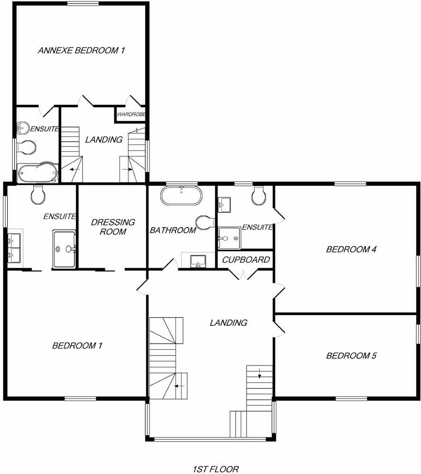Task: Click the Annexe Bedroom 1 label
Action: click(81, 50)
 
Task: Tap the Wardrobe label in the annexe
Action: click(130, 114)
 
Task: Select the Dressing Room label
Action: click(113, 227)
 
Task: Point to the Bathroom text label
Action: click(173, 230)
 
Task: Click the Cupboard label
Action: click(246, 260)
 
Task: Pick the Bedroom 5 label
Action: click(351, 355)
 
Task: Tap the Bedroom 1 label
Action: click(77, 346)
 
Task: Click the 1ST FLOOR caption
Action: click(216, 469)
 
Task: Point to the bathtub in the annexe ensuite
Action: click(37, 173)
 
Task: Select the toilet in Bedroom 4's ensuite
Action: click(258, 196)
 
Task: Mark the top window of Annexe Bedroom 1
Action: click(83, 4)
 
